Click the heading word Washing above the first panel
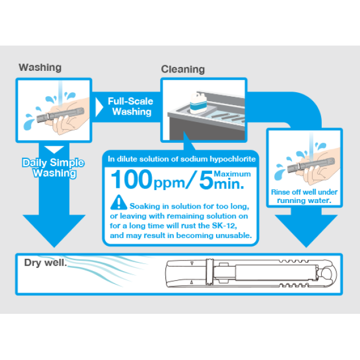pos(40,67)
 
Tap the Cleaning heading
pos(183,69)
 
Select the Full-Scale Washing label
pos(130,106)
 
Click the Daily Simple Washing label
pos(53,168)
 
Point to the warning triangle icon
pos(119,202)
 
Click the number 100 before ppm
pos(132,179)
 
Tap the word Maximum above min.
pos(232,174)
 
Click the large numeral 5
pos(206,180)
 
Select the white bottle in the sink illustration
pos(198,103)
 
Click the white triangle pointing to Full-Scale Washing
pos(99,107)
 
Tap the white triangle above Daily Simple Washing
pos(54,150)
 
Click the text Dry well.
pos(46,263)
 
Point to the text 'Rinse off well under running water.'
pos(304,196)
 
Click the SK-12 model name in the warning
pos(224,226)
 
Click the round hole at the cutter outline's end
pos(326,274)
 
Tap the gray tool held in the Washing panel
pos(60,114)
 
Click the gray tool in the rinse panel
pos(311,164)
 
